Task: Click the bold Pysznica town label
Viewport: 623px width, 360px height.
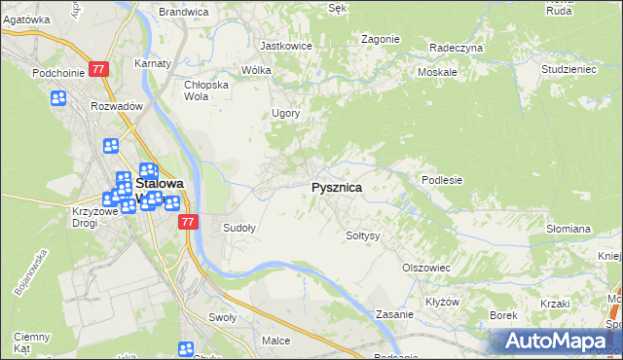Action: tap(336, 188)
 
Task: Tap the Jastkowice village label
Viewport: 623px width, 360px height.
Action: tap(284, 46)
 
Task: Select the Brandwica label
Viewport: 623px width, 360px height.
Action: tap(184, 12)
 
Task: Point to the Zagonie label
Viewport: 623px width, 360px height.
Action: tap(380, 39)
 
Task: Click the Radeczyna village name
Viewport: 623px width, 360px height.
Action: tap(457, 47)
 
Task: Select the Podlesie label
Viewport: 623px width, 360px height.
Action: tap(441, 180)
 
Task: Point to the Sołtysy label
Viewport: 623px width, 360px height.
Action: tap(363, 235)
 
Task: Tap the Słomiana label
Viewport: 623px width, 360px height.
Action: tap(568, 229)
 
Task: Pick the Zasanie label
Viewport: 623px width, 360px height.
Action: tap(396, 314)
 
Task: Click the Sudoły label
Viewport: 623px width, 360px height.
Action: tap(239, 229)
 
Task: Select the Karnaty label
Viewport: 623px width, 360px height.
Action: tap(154, 64)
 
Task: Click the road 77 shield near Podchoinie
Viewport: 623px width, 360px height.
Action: tap(98, 70)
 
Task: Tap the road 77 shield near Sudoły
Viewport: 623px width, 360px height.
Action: tap(189, 222)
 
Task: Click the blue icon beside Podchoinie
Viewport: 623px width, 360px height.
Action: tap(58, 98)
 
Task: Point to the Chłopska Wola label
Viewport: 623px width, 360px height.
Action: tap(206, 90)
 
